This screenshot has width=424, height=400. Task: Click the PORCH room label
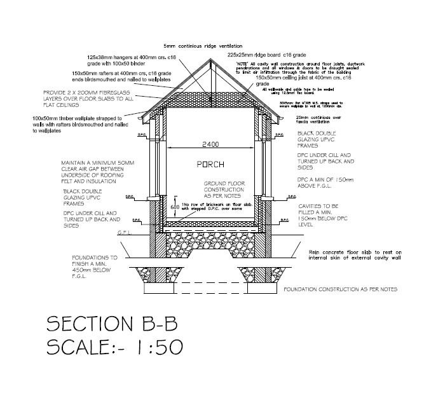pos(210,165)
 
